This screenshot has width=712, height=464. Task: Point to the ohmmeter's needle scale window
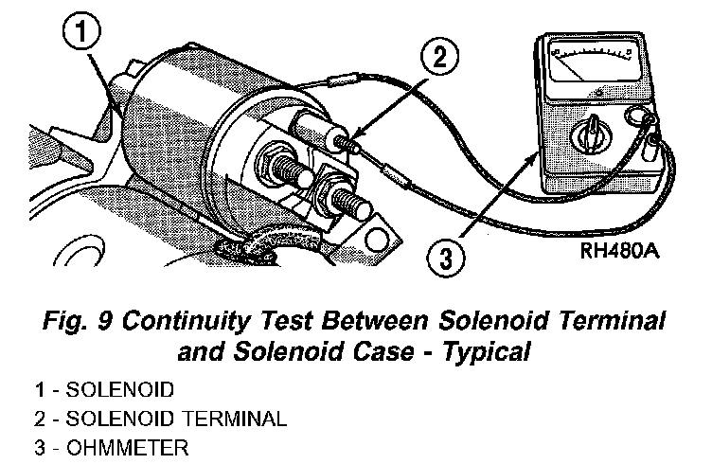tap(591, 72)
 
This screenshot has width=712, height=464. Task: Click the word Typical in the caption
tap(482, 353)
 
